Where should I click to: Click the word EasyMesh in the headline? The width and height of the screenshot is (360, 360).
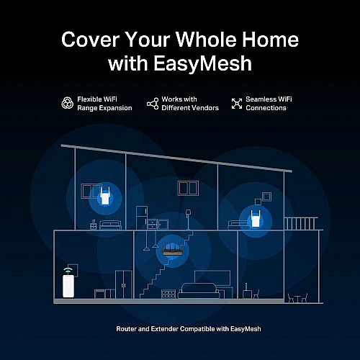(x=202, y=63)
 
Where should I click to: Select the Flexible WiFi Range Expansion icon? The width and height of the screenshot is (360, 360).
(x=68, y=103)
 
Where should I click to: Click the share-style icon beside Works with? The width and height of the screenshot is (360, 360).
(x=153, y=104)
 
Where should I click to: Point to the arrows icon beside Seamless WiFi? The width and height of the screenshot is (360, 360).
(x=237, y=104)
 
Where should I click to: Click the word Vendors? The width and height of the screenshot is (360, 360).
(x=207, y=108)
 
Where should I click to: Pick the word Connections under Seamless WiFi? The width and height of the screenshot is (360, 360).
(x=266, y=108)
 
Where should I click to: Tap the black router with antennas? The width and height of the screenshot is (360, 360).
(x=173, y=250)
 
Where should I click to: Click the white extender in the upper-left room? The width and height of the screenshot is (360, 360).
(x=104, y=195)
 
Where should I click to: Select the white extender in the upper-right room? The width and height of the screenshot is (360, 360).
(x=256, y=219)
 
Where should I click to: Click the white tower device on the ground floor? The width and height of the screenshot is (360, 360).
(x=68, y=286)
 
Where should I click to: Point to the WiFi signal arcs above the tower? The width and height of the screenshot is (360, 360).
(x=68, y=269)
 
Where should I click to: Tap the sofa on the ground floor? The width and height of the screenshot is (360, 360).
(x=199, y=291)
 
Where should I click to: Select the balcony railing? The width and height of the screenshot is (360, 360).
(x=301, y=223)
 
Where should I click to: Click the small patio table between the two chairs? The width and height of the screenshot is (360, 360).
(x=297, y=299)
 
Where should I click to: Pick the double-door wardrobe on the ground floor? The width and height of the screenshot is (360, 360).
(x=124, y=284)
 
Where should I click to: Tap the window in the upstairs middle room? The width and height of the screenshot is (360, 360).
(x=188, y=188)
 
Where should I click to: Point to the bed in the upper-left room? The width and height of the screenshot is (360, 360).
(x=110, y=225)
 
